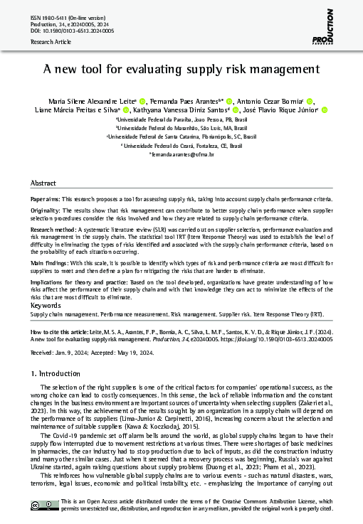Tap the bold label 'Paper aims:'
pyautogui.click(x=48, y=200)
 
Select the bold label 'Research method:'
pyautogui.click(x=54, y=231)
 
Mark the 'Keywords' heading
pyautogui.click(x=46, y=306)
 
